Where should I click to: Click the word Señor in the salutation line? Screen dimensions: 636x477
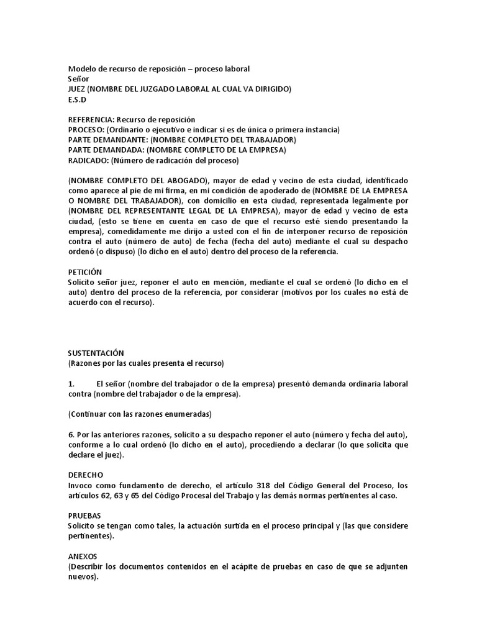[x=79, y=79]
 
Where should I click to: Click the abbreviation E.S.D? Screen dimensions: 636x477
[x=78, y=99]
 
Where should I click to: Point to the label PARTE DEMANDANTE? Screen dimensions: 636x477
[x=109, y=140]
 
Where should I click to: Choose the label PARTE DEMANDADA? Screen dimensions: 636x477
[x=106, y=150]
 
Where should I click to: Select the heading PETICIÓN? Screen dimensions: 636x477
[x=84, y=272]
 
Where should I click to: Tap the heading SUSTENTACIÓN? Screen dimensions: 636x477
[x=96, y=353]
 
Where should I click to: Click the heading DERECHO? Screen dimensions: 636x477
[x=86, y=475]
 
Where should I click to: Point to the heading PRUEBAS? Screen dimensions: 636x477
[x=84, y=516]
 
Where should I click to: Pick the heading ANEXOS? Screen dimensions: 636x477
[x=83, y=556]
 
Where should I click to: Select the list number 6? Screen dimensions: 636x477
[x=71, y=434]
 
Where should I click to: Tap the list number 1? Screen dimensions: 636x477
[x=71, y=384]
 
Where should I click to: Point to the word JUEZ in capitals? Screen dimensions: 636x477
[x=77, y=89]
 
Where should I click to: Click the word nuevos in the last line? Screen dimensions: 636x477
[x=81, y=576]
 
